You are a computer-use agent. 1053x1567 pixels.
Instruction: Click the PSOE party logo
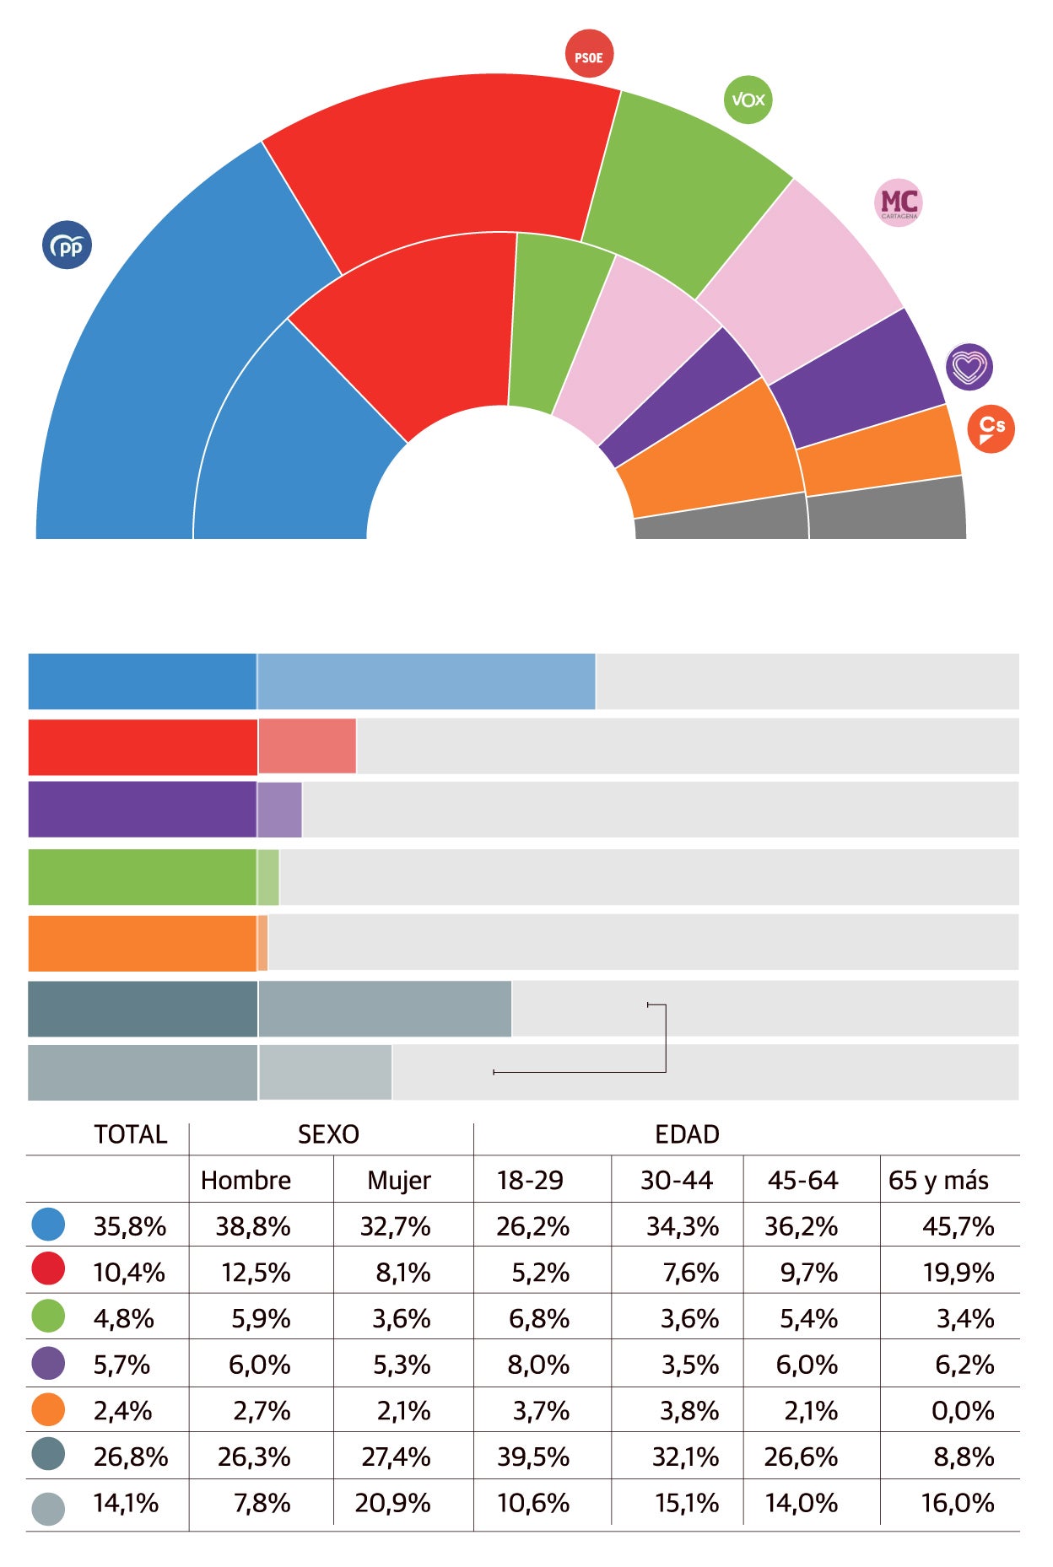tap(588, 54)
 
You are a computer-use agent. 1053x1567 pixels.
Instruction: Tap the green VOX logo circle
tap(748, 100)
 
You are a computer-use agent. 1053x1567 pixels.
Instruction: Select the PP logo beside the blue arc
tap(67, 245)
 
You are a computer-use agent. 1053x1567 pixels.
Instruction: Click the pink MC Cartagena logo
tap(899, 202)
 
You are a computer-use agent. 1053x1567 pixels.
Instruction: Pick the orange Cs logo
tap(991, 429)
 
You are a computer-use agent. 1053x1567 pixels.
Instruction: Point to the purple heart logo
tap(969, 367)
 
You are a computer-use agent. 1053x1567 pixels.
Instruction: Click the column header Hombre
tap(246, 1180)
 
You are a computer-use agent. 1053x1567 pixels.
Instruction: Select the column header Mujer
tap(398, 1180)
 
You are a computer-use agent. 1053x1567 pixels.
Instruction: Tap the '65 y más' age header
tap(938, 1180)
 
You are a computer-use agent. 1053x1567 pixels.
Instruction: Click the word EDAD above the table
tap(687, 1134)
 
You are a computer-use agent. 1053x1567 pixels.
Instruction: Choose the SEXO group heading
tap(328, 1134)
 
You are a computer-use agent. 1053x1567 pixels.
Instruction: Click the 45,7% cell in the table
tap(958, 1226)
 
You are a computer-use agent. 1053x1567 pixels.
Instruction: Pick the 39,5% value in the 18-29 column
tap(532, 1457)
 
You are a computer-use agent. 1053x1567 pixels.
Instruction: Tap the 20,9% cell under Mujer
tap(392, 1503)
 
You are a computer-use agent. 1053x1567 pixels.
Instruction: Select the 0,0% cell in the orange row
tap(963, 1410)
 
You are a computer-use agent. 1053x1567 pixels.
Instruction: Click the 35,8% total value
tap(129, 1226)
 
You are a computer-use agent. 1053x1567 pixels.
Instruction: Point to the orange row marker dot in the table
tap(48, 1409)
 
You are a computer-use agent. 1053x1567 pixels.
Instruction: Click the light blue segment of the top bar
tap(426, 681)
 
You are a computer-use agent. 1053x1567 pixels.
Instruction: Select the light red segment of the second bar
tap(307, 746)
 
